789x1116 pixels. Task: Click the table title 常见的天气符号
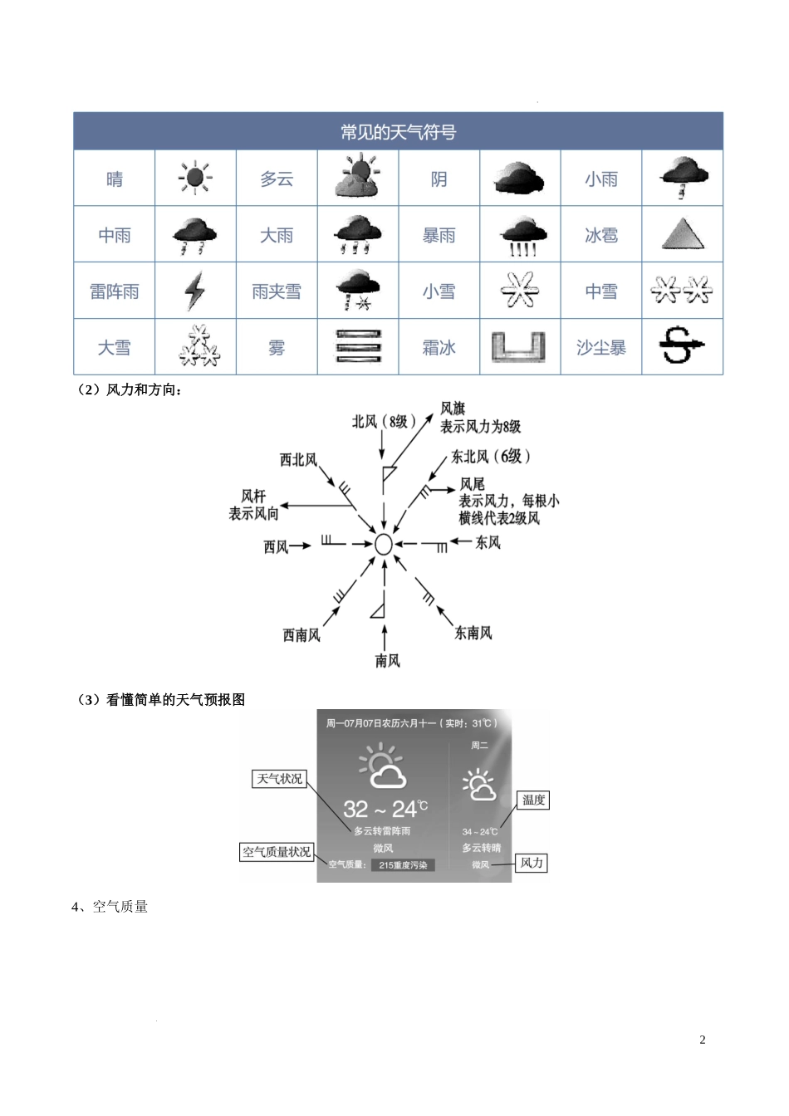398,132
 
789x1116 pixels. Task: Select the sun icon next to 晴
195,179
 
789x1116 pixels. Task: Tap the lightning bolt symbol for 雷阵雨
194,291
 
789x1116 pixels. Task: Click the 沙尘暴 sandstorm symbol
682,347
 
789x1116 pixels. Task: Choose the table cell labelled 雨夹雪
277,291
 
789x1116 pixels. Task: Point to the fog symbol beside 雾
358,347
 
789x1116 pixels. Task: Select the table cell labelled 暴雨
439,235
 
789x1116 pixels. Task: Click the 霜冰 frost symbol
519,347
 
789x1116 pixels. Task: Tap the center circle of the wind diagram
383,544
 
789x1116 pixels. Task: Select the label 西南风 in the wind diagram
301,635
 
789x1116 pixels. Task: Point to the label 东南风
473,633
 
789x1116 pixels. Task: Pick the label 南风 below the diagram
387,661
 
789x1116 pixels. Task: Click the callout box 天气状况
280,779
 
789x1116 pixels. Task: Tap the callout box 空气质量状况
277,852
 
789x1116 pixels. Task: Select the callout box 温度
533,800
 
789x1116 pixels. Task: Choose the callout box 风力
532,863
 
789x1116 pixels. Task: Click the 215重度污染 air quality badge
403,865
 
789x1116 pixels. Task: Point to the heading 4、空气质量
110,907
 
